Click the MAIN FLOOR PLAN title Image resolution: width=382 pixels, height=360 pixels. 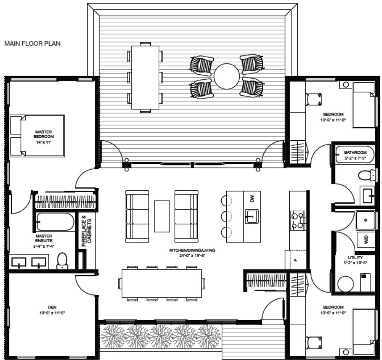(32, 43)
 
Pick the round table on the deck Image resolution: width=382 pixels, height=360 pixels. (227, 76)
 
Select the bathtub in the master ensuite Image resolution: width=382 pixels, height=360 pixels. (55, 222)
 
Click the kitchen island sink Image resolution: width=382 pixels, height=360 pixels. (252, 217)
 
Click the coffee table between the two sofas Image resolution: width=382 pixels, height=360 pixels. (162, 216)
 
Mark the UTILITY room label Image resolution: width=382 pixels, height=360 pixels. (355, 258)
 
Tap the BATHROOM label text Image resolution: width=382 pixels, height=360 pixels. (356, 152)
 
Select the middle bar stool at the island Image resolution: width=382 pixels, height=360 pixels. (226, 216)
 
